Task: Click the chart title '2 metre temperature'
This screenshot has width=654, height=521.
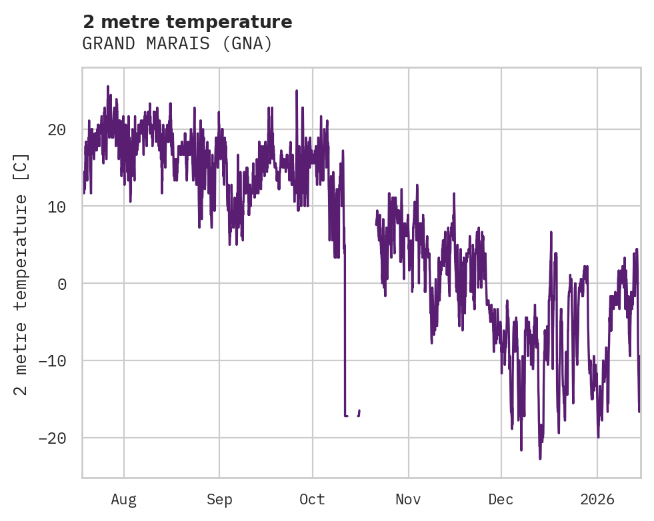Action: [x=187, y=22]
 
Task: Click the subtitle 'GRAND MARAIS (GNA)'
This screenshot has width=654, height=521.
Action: [x=177, y=44]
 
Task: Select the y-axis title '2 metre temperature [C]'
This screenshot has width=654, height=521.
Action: [x=21, y=274]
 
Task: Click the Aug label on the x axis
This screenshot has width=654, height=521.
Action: [x=123, y=500]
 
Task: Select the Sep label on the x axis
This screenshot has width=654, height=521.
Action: [x=219, y=500]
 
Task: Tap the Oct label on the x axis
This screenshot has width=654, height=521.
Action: [x=312, y=500]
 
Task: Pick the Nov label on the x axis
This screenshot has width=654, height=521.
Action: [x=408, y=500]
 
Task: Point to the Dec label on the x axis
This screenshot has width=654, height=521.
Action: [x=501, y=500]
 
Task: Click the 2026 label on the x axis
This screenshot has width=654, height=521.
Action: [x=597, y=500]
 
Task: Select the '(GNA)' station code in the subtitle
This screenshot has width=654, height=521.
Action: [x=248, y=44]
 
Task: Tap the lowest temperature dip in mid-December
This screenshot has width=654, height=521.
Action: [x=540, y=458]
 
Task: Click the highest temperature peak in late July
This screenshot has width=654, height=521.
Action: [x=107, y=86]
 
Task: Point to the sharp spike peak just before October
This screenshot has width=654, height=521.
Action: [x=296, y=91]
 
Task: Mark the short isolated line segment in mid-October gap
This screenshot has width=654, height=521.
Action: [x=359, y=413]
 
